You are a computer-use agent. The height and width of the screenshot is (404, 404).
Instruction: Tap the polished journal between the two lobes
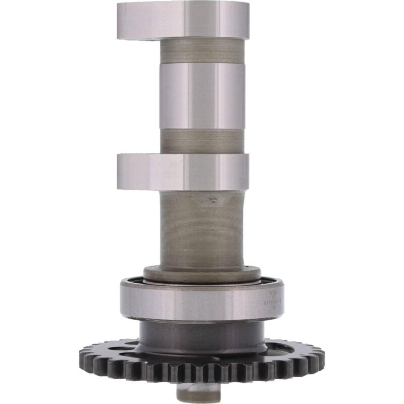point(202,96)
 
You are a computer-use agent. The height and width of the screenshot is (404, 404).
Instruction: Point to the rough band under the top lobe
point(202,51)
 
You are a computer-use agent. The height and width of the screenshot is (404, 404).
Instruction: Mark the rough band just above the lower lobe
point(202,141)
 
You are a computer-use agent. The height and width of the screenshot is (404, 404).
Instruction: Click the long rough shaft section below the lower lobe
point(202,232)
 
